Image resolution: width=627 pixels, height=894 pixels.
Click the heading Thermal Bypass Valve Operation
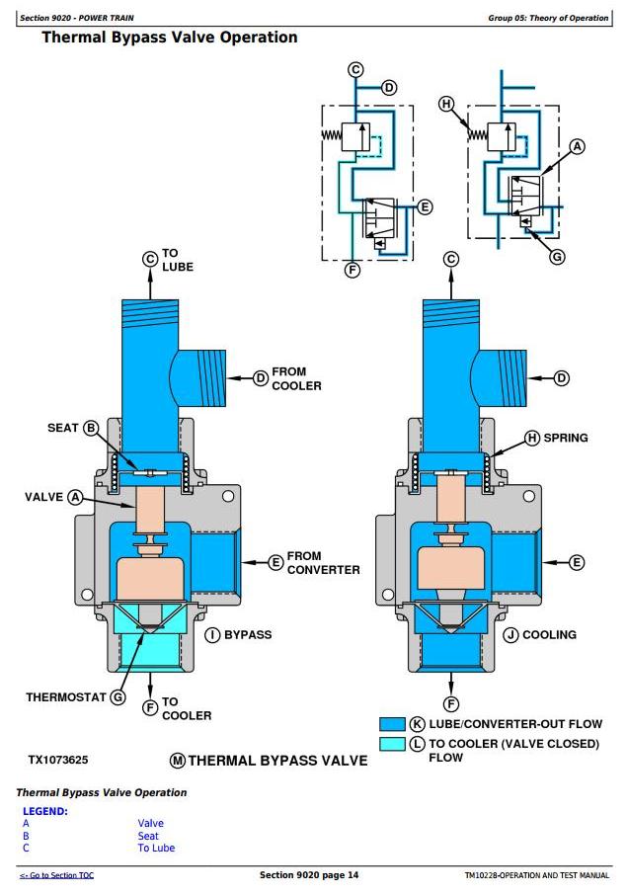169,38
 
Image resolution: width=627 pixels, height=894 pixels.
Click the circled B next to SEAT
91,428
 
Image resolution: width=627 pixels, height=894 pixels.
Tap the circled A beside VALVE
75,497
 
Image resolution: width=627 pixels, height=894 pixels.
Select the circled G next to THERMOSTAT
118,697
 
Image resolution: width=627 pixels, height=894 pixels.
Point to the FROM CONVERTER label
323,563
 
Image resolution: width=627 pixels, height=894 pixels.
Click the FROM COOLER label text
296,378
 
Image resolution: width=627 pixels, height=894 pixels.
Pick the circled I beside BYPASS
212,634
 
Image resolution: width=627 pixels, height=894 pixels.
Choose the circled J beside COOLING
510,634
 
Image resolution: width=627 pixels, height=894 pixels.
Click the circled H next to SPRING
532,438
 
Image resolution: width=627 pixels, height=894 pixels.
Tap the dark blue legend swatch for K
392,724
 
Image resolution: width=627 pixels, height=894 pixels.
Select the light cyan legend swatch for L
392,744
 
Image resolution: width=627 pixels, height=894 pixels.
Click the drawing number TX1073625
58,760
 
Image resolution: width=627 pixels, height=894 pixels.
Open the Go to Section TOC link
56,875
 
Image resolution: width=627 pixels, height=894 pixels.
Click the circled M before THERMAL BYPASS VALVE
178,761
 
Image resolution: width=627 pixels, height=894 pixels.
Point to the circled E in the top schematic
425,207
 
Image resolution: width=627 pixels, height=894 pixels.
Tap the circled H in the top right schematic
446,104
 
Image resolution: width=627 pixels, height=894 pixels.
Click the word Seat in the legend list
148,836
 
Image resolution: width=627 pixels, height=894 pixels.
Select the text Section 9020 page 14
309,875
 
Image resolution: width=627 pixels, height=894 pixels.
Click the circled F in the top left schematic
353,269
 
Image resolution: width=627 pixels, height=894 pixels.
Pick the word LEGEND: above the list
45,811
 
